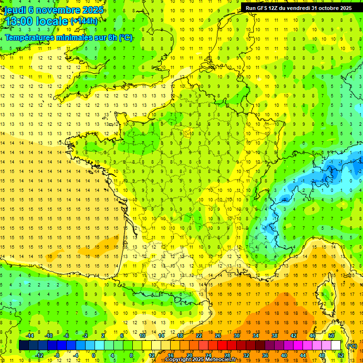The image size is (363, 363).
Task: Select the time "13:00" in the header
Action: (x=19, y=21)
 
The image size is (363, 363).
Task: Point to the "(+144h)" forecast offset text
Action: (x=84, y=21)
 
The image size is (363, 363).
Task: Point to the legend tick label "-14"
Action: (x=30, y=336)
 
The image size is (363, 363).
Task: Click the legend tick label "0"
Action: (x=94, y=355)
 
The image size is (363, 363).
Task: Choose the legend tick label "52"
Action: (x=341, y=355)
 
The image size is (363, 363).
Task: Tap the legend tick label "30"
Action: (x=236, y=336)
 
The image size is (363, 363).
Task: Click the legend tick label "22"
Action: (x=199, y=336)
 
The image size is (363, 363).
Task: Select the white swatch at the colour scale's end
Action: (x=336, y=345)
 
